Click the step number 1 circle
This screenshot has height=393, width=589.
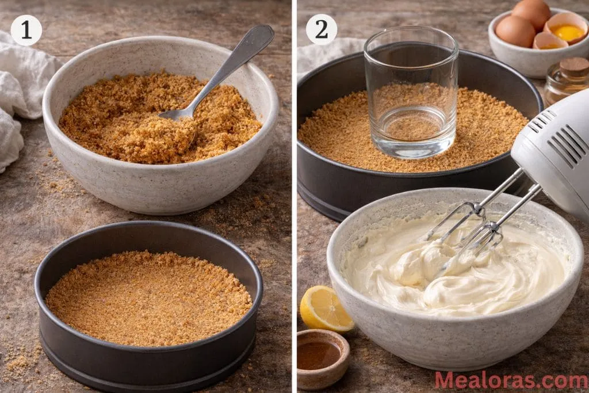[26, 30]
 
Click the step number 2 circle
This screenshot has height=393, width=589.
[322, 29]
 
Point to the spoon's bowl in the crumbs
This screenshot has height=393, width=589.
[173, 115]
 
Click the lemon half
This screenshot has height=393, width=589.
[325, 308]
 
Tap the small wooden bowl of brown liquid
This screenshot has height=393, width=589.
[323, 357]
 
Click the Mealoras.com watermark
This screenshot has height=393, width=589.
[511, 380]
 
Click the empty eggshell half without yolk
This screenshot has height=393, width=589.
[549, 41]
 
